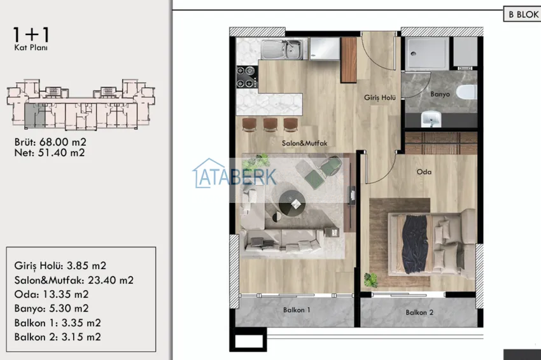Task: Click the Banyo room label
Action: pyautogui.click(x=440, y=94)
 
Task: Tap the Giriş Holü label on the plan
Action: pyautogui.click(x=380, y=98)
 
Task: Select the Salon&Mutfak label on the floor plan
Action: pyautogui.click(x=304, y=143)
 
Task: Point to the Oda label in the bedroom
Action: pyautogui.click(x=424, y=172)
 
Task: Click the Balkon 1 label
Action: pyautogui.click(x=297, y=310)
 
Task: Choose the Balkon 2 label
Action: pyautogui.click(x=419, y=312)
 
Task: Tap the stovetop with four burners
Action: pyautogui.click(x=247, y=77)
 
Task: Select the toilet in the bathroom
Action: pyautogui.click(x=467, y=92)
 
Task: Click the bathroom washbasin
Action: pyautogui.click(x=431, y=119)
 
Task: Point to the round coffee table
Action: pyautogui.click(x=292, y=203)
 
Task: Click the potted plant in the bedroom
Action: pyautogui.click(x=371, y=280)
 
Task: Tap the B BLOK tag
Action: pyautogui.click(x=523, y=14)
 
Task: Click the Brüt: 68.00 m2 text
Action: pyautogui.click(x=50, y=142)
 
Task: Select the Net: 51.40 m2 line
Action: pyautogui.click(x=50, y=153)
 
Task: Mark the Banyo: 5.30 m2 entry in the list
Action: pyautogui.click(x=52, y=308)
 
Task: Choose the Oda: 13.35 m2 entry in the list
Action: pyautogui.click(x=52, y=294)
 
